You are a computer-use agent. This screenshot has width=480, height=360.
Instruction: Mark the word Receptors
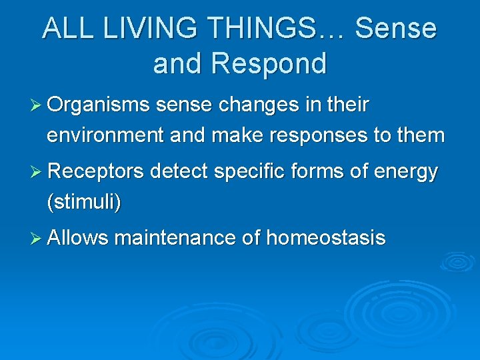coord(96,172)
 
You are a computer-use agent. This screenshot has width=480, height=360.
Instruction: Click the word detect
coord(181,172)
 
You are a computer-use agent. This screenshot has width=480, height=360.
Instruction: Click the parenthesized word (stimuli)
coord(83,202)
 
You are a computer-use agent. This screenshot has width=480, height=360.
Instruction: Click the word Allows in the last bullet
coord(78,238)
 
